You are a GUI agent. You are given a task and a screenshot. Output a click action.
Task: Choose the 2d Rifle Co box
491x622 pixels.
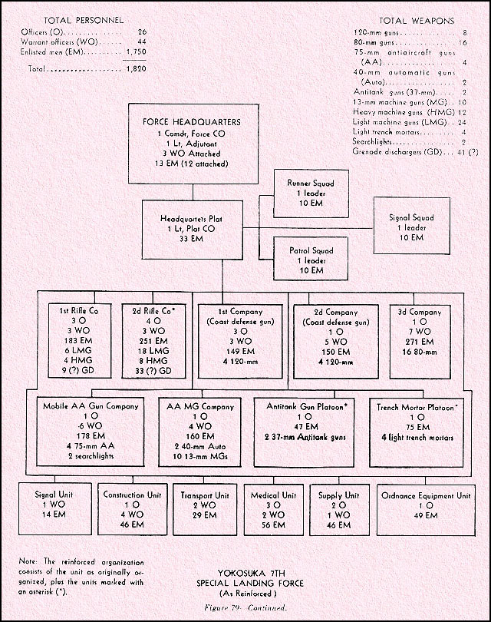[x=151, y=339]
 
